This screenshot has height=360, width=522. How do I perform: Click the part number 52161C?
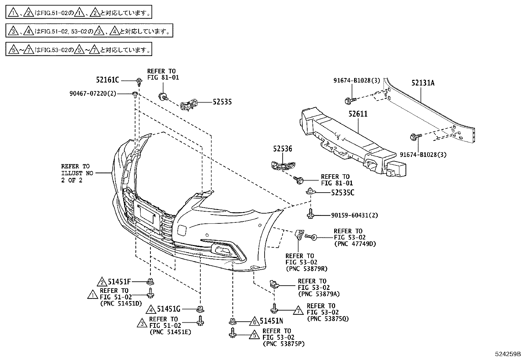[107, 80]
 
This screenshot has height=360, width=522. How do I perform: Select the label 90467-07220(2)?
[93, 94]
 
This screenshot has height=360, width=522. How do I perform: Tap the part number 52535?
[222, 102]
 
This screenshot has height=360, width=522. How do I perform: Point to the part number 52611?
[358, 114]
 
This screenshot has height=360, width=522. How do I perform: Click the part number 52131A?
[423, 83]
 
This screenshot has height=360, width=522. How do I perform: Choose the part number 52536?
[282, 149]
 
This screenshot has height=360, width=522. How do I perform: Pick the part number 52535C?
[343, 193]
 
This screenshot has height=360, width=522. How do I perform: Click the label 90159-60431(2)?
[354, 215]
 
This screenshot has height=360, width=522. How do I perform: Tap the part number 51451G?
[169, 309]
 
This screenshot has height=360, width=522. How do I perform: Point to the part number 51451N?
[271, 321]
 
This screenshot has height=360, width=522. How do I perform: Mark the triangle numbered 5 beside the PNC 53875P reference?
[254, 335]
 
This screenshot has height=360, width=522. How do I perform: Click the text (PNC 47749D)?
[355, 244]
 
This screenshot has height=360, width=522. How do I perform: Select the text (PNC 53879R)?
[306, 269]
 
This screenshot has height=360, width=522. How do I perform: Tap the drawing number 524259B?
[508, 354]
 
